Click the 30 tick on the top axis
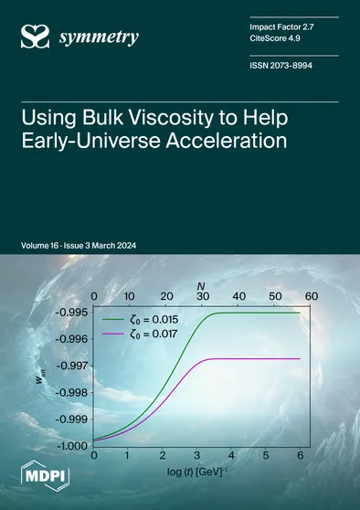point(202,297)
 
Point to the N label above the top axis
point(201,284)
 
